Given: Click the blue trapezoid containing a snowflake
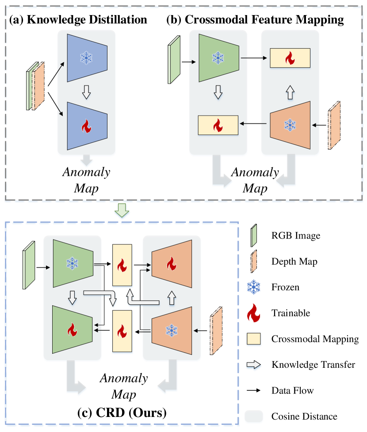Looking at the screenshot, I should click(87, 58).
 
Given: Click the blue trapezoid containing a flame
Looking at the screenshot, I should click(87, 126).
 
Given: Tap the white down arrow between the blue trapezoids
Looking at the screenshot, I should click(87, 92).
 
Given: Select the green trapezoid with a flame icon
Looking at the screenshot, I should click(72, 329).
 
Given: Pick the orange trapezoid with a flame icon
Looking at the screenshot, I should click(172, 264).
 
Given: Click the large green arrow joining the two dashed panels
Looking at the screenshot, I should click(122, 212).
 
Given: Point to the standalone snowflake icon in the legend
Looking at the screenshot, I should click(253, 287).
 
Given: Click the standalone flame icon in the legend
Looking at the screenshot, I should click(253, 313).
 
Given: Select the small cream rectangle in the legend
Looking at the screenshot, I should click(254, 339).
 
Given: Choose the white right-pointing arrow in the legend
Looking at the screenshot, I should click(254, 366).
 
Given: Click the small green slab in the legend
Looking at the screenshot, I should click(254, 235).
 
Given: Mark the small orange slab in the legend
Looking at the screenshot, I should click(254, 261).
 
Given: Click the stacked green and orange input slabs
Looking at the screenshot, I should click(36, 85).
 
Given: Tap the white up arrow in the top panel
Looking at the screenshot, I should click(290, 92).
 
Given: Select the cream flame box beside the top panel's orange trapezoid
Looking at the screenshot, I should click(218, 125).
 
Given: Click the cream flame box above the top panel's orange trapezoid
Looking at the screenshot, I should click(290, 58).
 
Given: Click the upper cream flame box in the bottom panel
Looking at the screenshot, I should click(122, 266).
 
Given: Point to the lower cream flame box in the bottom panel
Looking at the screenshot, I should click(122, 331).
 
